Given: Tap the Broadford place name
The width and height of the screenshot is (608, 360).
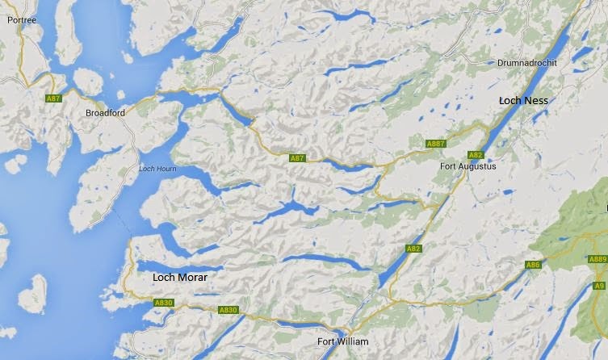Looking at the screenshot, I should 105,113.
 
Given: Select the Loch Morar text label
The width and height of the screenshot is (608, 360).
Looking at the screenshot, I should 179,277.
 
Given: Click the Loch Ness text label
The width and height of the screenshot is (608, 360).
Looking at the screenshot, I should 523,101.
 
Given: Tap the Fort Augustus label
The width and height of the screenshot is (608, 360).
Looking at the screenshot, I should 468,166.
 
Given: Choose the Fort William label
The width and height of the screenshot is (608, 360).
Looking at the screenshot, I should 342,341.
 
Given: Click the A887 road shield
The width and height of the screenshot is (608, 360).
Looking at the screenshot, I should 436,144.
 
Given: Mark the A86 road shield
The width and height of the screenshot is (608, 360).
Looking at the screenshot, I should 532,265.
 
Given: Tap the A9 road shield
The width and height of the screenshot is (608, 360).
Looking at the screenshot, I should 599,286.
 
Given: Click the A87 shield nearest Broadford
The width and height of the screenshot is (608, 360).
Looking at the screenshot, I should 53,98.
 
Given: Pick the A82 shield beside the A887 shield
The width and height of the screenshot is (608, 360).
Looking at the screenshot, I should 476,155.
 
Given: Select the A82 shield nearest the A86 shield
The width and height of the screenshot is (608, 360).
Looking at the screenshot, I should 413,249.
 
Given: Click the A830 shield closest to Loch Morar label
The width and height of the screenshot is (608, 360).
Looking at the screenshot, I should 164,303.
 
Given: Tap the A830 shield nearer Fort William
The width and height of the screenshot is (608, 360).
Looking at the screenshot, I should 229,310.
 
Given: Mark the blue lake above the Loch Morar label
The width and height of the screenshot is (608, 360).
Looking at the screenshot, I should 170,264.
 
